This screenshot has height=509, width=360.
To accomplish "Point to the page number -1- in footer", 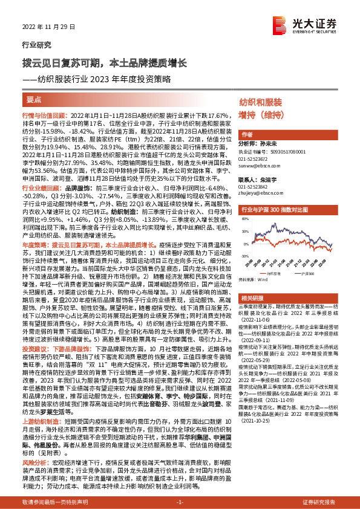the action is point(180,502).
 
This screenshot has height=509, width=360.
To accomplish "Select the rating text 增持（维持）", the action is point(263,115).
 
